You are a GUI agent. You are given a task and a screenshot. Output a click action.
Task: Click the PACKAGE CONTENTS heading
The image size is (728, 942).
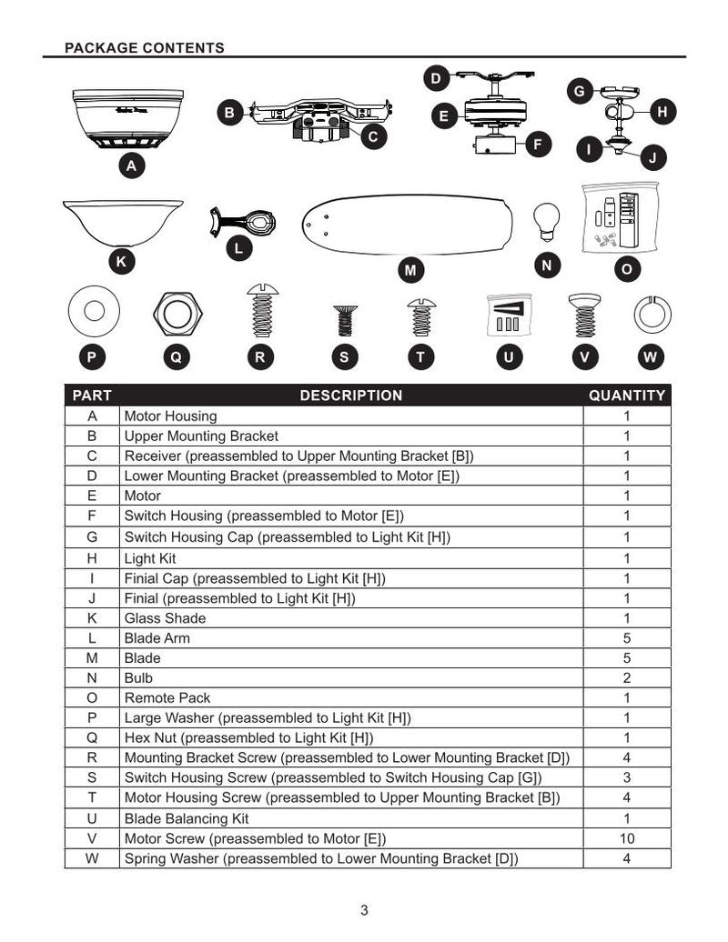(x=145, y=47)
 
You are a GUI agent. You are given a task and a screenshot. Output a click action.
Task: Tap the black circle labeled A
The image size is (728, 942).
(x=133, y=166)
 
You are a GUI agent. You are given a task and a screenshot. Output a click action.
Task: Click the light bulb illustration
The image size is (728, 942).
(x=546, y=219)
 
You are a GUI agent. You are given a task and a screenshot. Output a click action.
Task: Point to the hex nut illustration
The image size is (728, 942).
(x=177, y=314)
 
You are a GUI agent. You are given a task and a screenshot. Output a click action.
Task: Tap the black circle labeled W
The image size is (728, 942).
(x=650, y=357)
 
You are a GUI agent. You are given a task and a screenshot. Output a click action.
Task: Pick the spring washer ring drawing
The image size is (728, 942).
(x=652, y=315)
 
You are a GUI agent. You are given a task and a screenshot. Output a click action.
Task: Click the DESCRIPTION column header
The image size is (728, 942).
(x=350, y=396)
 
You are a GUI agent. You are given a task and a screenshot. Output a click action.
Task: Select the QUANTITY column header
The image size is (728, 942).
(x=627, y=396)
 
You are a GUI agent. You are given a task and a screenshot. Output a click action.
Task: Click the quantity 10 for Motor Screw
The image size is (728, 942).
(x=627, y=839)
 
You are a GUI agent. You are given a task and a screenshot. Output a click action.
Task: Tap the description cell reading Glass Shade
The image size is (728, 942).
(x=165, y=618)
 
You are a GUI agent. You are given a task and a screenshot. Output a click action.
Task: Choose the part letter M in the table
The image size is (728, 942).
(x=92, y=658)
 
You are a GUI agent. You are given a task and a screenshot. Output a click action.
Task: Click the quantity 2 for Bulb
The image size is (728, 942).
(x=627, y=678)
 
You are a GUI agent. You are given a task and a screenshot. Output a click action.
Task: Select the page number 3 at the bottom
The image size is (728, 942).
(x=364, y=910)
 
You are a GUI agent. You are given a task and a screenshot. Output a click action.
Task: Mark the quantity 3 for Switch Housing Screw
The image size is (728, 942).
(x=627, y=777)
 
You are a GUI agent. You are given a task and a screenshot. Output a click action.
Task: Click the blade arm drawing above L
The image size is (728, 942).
(x=244, y=222)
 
